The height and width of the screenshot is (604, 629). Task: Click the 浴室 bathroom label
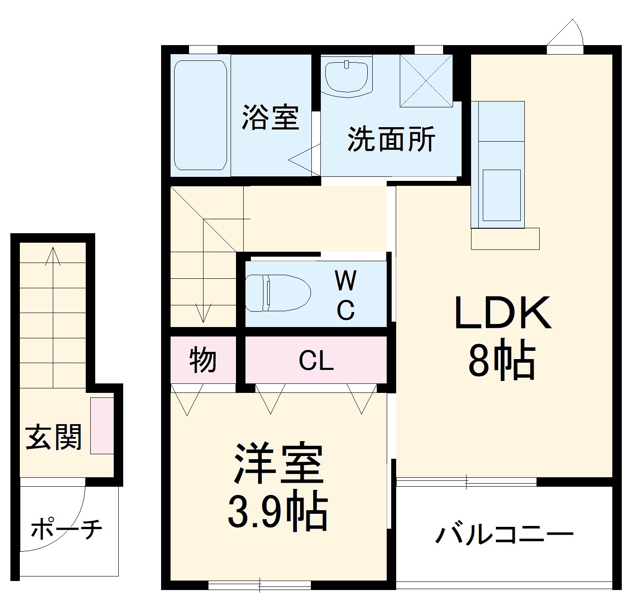pyautogui.click(x=270, y=118)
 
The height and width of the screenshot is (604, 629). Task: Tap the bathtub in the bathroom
pyautogui.click(x=200, y=115)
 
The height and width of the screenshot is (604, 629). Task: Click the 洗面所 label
pyautogui.click(x=391, y=138)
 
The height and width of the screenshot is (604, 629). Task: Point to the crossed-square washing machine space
pyautogui.click(x=426, y=81)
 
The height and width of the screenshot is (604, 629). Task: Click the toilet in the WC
pyautogui.click(x=277, y=292)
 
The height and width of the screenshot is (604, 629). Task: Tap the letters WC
pyautogui.click(x=346, y=295)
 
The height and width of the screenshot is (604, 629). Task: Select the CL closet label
pyautogui.click(x=316, y=361)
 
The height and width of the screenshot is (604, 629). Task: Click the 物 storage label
pyautogui.click(x=203, y=360)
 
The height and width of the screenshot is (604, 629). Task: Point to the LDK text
pyautogui.click(x=502, y=313)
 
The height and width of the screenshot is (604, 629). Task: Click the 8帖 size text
pyautogui.click(x=501, y=362)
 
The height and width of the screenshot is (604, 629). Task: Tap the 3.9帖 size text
pyautogui.click(x=277, y=512)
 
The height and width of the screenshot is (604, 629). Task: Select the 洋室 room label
pyautogui.click(x=278, y=465)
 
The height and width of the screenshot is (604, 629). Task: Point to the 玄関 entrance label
pyautogui.click(x=54, y=437)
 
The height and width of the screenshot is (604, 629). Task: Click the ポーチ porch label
pyautogui.click(x=66, y=529)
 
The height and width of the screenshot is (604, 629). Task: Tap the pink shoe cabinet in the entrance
pyautogui.click(x=102, y=426)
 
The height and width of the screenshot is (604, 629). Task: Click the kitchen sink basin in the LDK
pyautogui.click(x=502, y=195)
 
